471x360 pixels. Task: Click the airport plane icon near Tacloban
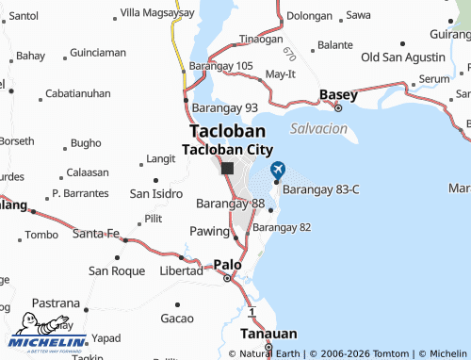point(277,170)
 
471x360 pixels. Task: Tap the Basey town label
point(337,94)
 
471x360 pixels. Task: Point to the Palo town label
point(227,265)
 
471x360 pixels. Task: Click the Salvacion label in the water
point(318,127)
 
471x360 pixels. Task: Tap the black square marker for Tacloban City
point(227,168)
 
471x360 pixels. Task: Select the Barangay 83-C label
point(321,189)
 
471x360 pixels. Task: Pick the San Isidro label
point(155,193)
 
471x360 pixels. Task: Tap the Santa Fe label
point(96,233)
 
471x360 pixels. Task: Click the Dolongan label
point(310,15)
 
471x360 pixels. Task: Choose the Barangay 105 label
point(221,65)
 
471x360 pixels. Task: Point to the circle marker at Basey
point(340,106)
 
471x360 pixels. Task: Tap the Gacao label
point(176,318)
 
